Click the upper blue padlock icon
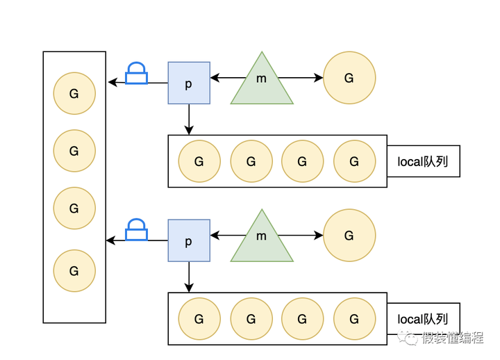tap(136, 74)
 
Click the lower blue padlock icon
tap(136, 230)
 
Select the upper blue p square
tap(189, 83)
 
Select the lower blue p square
tap(189, 240)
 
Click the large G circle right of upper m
tap(349, 78)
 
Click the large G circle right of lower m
tap(349, 236)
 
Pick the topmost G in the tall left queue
tap(74, 94)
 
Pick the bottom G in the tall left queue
tap(74, 270)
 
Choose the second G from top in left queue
tap(74, 150)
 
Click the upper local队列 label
tap(423, 161)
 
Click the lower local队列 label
tap(423, 319)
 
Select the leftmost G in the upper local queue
tap(199, 161)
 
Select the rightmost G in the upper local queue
tap(354, 161)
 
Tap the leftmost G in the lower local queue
tap(199, 319)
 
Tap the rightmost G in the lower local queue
tap(354, 319)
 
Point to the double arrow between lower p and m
tap(221, 236)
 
